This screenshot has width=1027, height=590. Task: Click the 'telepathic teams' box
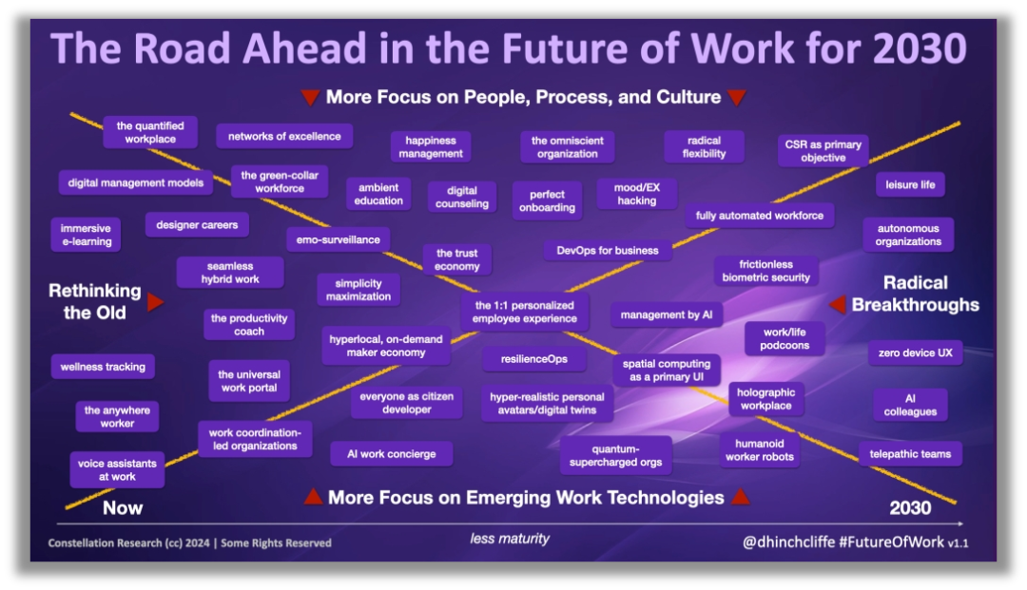click(910, 454)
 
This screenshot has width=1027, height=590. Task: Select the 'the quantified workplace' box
click(150, 132)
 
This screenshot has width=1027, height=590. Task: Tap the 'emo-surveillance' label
click(338, 239)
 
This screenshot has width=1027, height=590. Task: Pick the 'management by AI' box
click(666, 314)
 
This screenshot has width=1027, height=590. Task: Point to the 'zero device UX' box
click(915, 352)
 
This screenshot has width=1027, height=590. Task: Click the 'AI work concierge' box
click(391, 454)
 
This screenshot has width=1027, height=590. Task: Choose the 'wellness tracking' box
click(103, 367)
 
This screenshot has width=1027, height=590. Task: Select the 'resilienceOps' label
click(533, 359)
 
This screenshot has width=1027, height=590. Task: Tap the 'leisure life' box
click(910, 184)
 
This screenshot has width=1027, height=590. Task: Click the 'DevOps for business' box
click(607, 251)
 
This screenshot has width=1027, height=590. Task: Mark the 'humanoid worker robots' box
click(759, 450)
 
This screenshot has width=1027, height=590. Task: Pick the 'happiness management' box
click(431, 147)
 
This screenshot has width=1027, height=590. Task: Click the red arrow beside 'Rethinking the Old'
click(155, 302)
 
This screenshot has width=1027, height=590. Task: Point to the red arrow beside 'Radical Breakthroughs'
click(838, 304)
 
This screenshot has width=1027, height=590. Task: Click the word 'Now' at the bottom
click(123, 507)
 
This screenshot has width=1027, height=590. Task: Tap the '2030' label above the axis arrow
click(910, 507)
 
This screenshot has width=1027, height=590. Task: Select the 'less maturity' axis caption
click(510, 539)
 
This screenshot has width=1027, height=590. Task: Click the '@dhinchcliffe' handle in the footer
click(788, 542)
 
